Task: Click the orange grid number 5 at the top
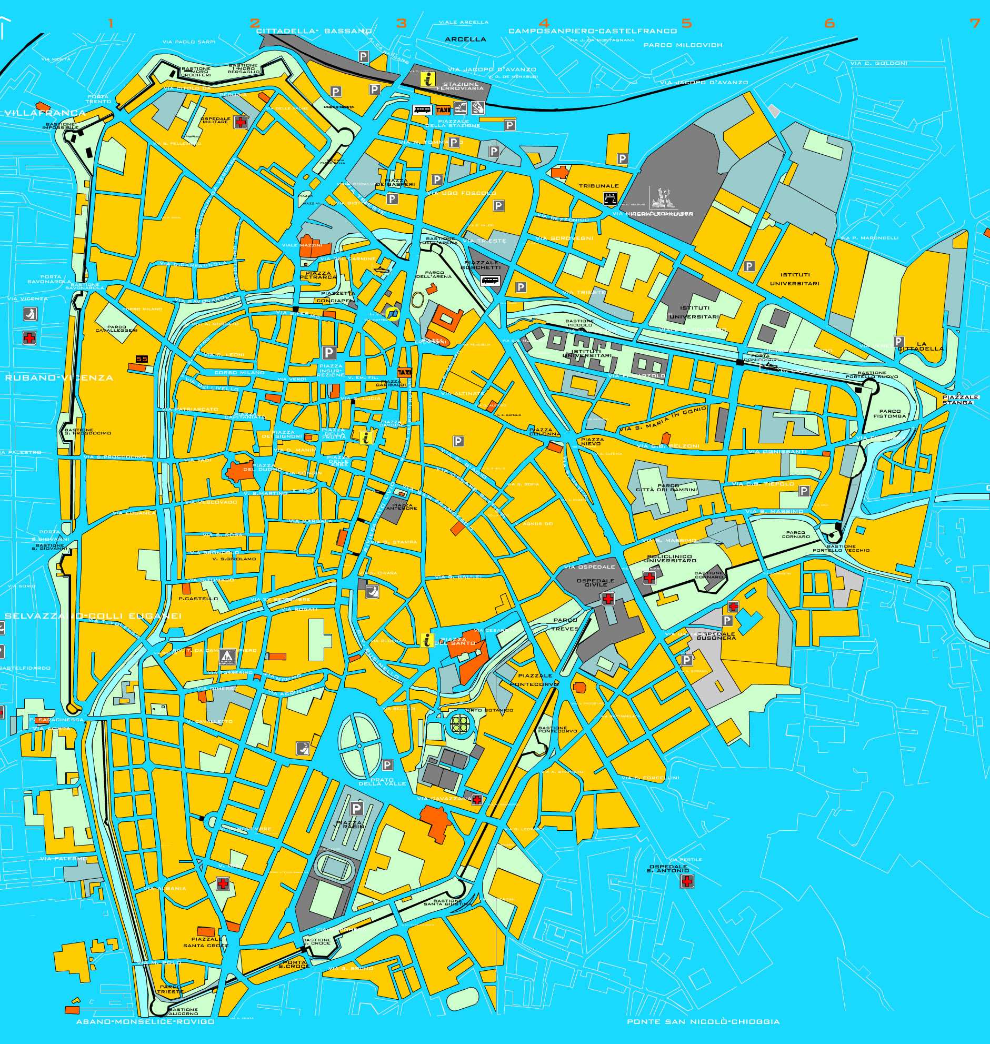[686, 23]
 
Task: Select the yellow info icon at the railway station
[428, 79]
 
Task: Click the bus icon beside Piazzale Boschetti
[490, 281]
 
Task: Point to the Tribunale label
[598, 186]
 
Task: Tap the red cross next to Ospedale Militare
[241, 123]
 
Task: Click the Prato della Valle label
[382, 782]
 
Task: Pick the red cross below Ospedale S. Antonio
[686, 881]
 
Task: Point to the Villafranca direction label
[45, 113]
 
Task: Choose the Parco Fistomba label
[889, 413]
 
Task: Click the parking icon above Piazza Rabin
[357, 808]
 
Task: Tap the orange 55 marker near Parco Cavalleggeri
[142, 360]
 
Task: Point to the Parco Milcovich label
[682, 45]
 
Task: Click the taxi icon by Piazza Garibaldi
[404, 372]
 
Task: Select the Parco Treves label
[565, 624]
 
